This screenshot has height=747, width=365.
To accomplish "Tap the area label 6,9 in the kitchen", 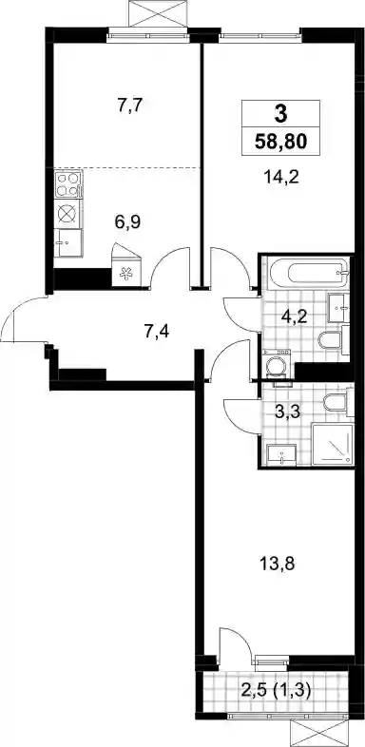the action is pyautogui.click(x=126, y=221).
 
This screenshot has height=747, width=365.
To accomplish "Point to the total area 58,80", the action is pyautogui.click(x=279, y=142).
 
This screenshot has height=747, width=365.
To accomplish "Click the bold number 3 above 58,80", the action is pyautogui.click(x=280, y=113).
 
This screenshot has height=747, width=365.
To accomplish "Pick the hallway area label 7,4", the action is pyautogui.click(x=157, y=330).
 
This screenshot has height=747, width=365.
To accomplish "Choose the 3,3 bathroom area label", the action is pyautogui.click(x=287, y=411).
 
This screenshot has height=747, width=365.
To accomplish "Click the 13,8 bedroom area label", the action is pyautogui.click(x=279, y=565).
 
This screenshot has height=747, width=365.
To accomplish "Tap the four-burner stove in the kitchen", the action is pyautogui.click(x=67, y=184).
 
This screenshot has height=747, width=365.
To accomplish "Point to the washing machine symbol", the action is pyautogui.click(x=277, y=365).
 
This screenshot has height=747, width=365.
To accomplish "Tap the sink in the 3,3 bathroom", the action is pyautogui.click(x=281, y=454).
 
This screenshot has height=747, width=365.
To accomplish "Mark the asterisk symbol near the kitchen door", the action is pyautogui.click(x=126, y=275).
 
